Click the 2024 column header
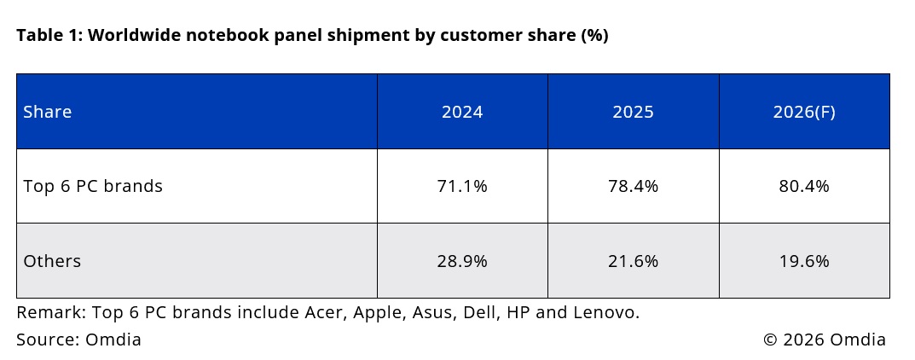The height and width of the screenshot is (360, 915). click(x=462, y=112)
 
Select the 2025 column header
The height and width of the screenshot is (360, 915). click(x=633, y=112)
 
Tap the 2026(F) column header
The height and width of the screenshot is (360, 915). click(x=804, y=112)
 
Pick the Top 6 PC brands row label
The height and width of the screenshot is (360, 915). click(x=93, y=186)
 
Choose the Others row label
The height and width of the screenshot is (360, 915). click(x=52, y=261)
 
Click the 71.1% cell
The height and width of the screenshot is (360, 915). click(x=462, y=186)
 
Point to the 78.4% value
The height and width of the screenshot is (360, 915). click(x=633, y=186)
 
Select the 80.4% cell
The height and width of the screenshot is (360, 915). click(x=804, y=186)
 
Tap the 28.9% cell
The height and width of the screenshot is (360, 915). click(x=462, y=261)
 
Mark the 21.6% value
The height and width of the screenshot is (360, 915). click(x=633, y=261)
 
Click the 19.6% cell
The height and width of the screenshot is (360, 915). click(x=804, y=261)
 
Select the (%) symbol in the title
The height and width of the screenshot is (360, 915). click(x=594, y=36)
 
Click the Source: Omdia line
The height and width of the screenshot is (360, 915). click(x=78, y=339)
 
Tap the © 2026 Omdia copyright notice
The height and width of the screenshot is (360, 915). click(x=825, y=339)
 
